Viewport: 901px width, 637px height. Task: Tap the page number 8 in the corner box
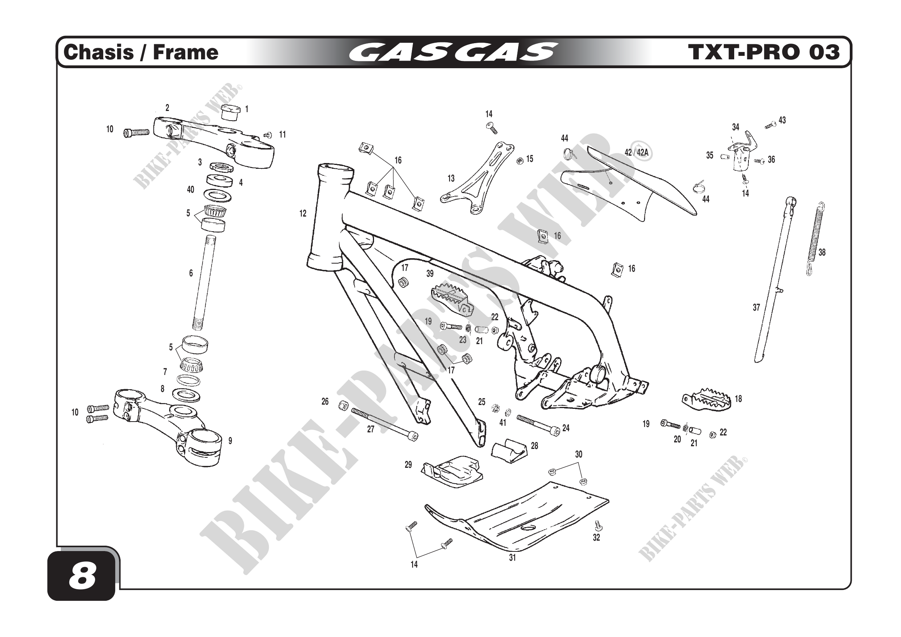pos(82,577)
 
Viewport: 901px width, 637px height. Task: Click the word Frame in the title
pos(185,52)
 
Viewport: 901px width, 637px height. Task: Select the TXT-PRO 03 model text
pos(763,52)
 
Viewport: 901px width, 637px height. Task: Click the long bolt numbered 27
pos(384,424)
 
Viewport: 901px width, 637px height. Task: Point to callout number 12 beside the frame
pos(302,213)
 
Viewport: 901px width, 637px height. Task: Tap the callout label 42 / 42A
pos(636,153)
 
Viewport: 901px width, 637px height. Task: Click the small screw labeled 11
pos(268,135)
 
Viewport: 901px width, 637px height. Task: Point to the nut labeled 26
pos(343,405)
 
